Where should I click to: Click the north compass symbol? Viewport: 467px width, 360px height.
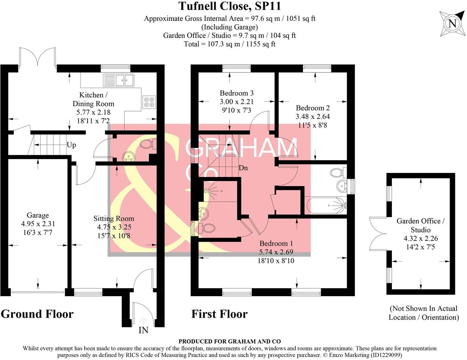452,24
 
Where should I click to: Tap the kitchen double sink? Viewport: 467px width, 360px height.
124,80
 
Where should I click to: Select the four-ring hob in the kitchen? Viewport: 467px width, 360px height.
149,102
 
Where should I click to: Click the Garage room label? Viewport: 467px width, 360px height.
38,215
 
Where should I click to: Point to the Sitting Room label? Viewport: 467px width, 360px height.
114,219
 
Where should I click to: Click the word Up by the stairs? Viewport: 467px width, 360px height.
71,145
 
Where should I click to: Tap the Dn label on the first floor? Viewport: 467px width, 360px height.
243,168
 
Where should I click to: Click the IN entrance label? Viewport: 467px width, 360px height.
143,330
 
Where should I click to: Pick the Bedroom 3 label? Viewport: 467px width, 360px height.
237,93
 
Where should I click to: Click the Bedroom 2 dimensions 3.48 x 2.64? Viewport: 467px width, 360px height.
312,117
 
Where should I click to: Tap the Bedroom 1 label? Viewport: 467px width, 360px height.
274,243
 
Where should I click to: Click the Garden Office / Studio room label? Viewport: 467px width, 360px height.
421,225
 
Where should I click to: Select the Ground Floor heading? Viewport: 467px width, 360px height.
37,314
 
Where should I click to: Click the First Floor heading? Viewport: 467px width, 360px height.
219,314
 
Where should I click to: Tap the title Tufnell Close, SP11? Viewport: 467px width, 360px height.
230,6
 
